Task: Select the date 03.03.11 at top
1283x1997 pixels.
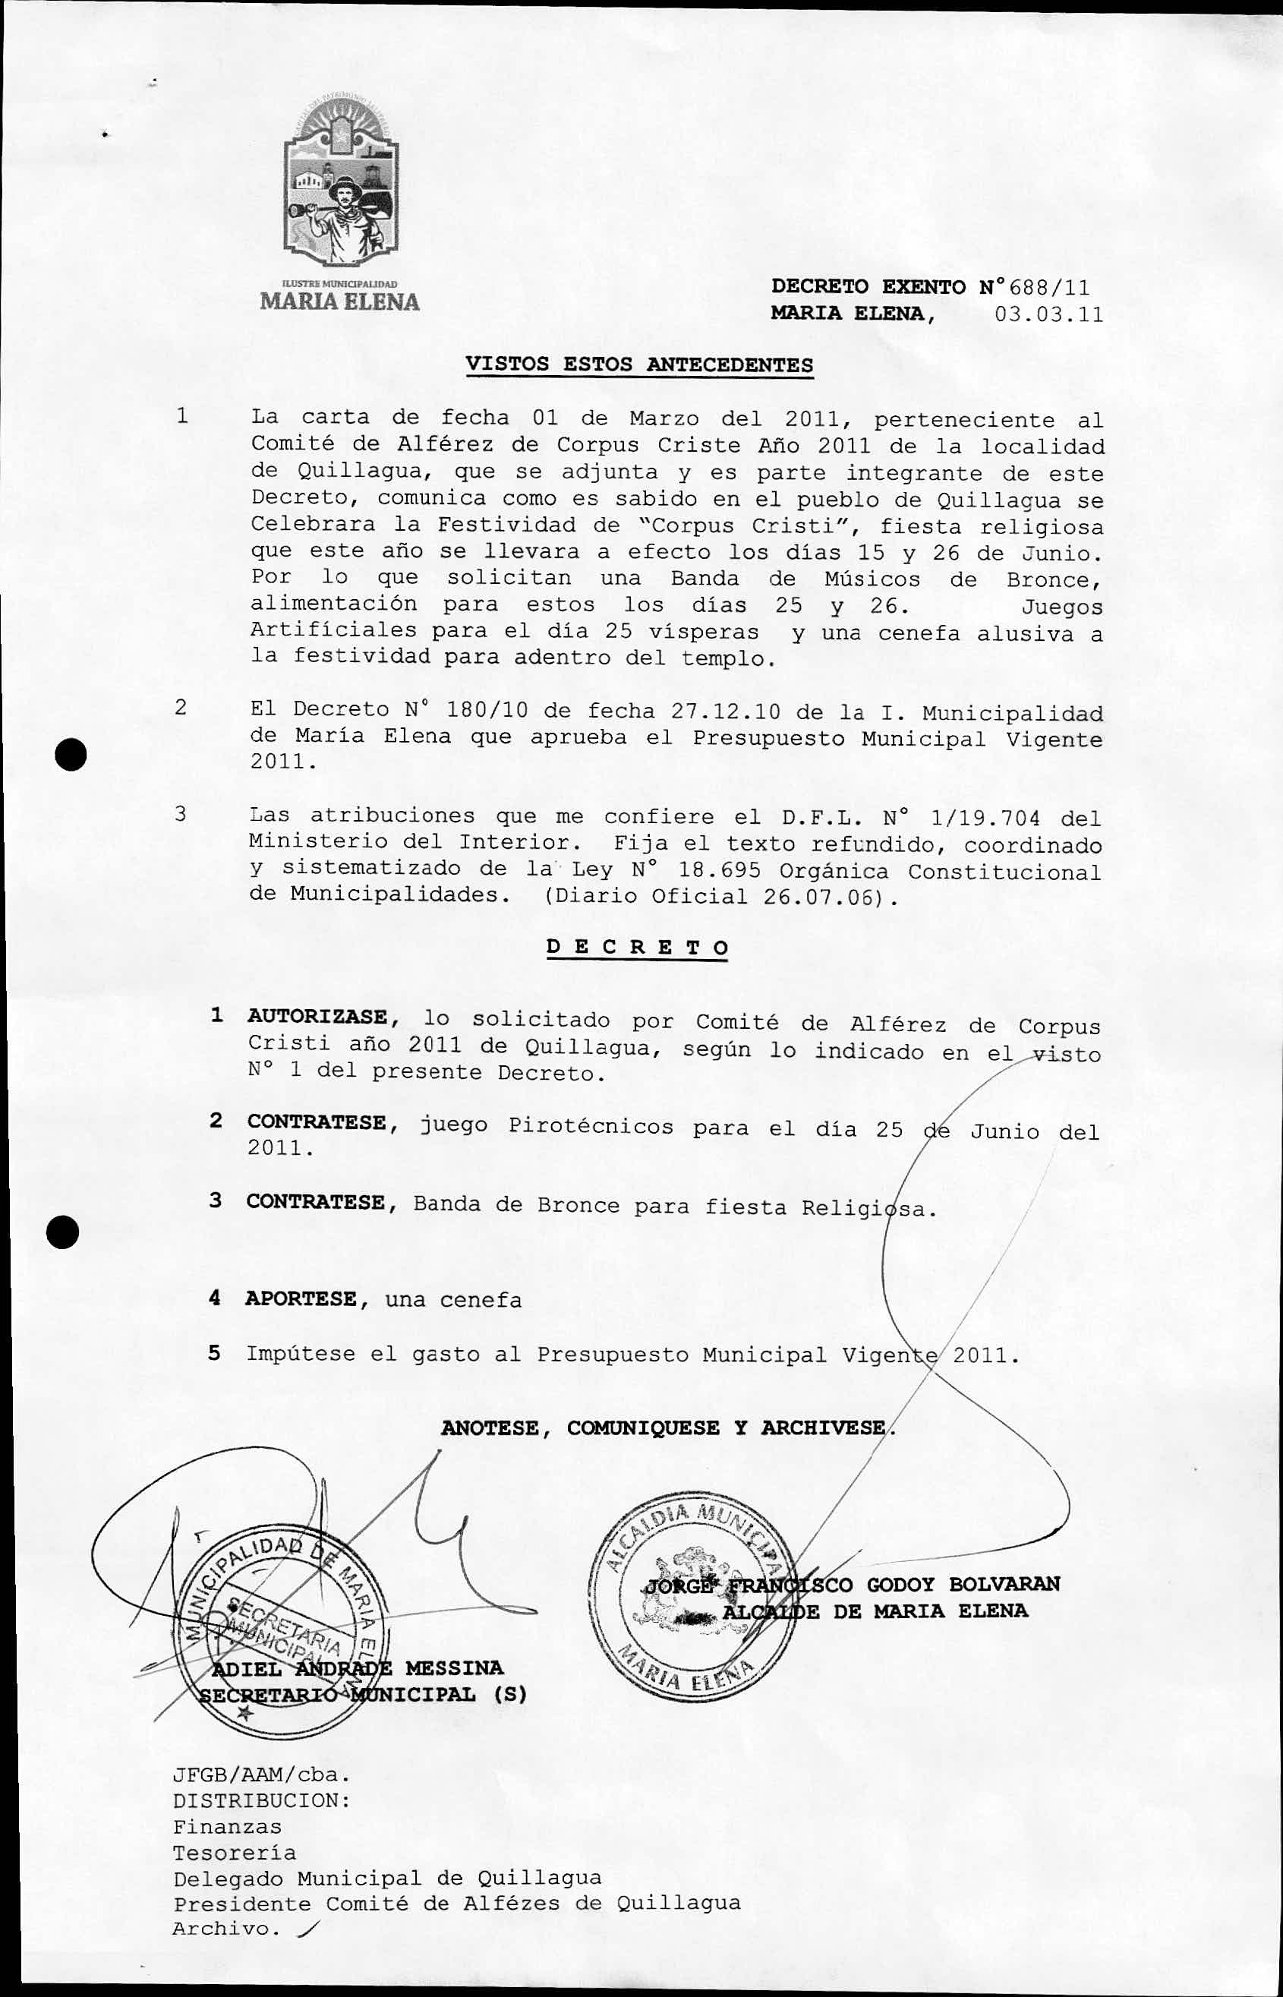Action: [1048, 315]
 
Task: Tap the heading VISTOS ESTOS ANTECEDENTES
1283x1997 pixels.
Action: [639, 365]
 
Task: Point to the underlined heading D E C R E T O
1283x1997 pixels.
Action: [638, 948]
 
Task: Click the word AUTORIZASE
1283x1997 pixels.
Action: [317, 1017]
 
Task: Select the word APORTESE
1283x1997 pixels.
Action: [301, 1299]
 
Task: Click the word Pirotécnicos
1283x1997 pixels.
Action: [591, 1126]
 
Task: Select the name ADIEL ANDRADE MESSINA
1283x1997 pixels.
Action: [358, 1668]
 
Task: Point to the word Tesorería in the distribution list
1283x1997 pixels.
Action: [234, 1853]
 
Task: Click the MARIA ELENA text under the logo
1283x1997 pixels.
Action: [339, 301]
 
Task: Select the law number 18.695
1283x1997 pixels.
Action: [719, 871]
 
